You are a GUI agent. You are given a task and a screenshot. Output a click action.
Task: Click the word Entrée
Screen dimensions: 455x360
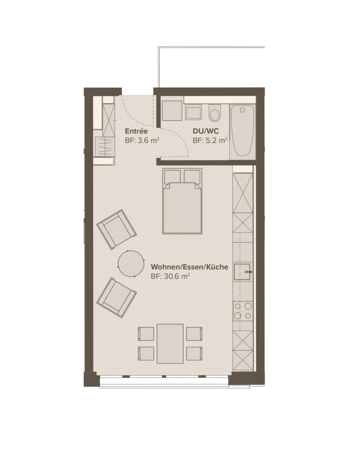[x=136, y=131]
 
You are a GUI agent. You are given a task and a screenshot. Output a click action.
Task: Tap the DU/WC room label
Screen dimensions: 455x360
[x=206, y=131]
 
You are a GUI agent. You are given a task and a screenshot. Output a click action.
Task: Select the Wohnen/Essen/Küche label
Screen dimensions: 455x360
[x=189, y=267]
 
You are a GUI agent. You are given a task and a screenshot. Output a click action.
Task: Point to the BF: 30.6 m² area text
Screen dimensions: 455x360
[x=170, y=276]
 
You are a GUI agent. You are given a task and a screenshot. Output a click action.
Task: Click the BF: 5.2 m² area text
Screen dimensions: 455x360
[x=210, y=140]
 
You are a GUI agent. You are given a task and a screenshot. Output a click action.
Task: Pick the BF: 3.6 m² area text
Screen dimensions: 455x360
[x=142, y=140]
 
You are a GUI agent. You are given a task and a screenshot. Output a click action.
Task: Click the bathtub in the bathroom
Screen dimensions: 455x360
[x=243, y=131]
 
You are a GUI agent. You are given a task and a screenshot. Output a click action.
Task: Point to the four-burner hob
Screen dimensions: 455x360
[x=243, y=311]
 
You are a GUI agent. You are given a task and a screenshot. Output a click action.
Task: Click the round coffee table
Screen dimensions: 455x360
[x=131, y=263]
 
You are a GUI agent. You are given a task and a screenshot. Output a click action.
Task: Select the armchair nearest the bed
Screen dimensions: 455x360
[x=117, y=229]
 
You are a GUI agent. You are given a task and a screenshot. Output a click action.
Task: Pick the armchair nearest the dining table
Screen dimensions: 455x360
[x=117, y=298]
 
